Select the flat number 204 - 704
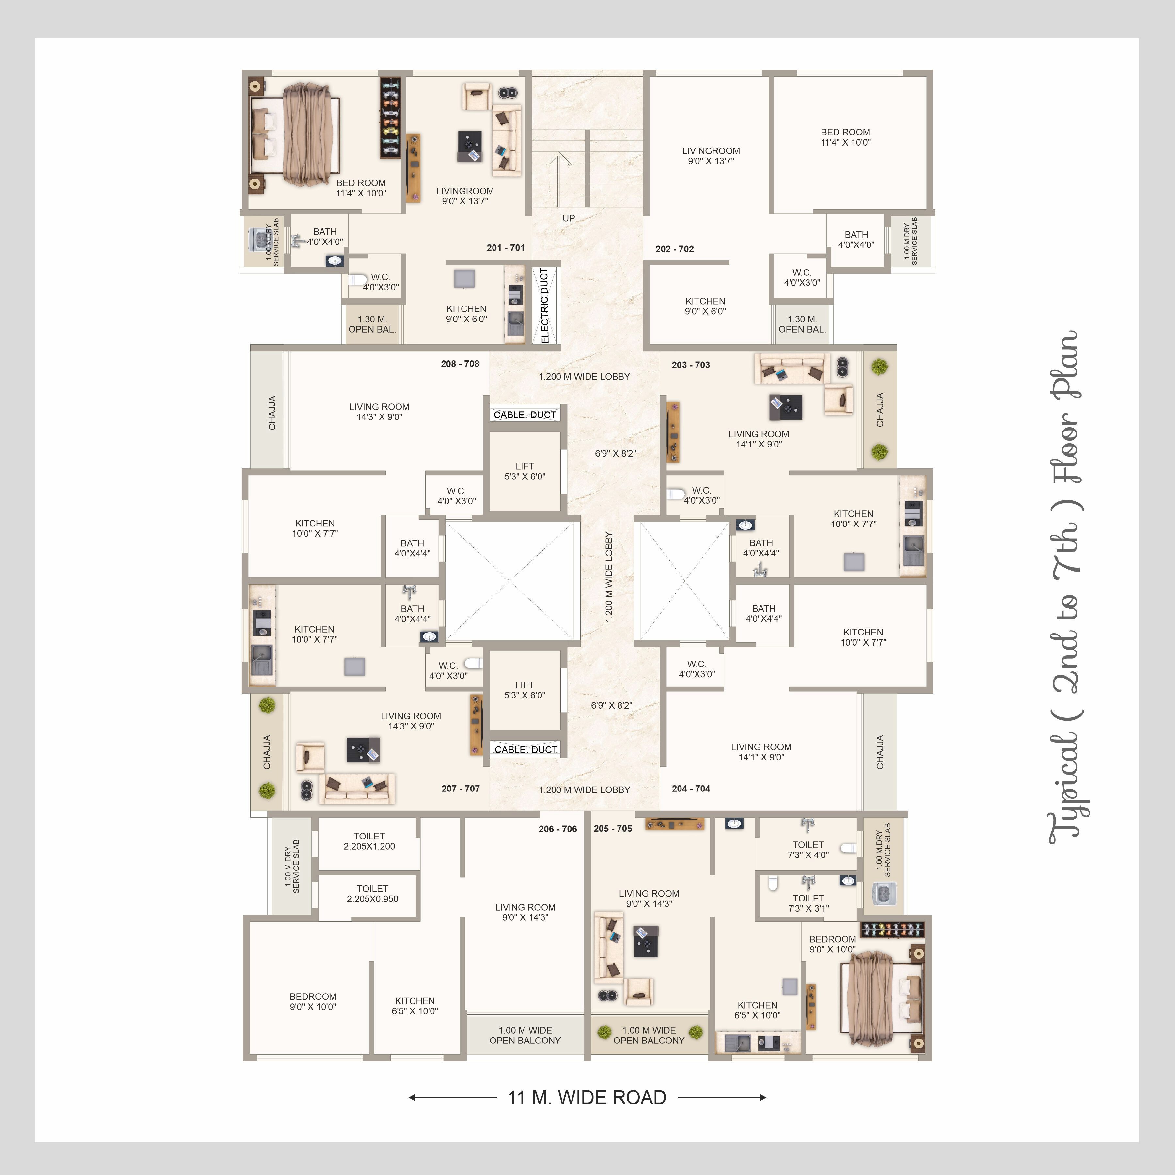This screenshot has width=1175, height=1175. click(691, 788)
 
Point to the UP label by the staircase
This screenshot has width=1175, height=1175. click(569, 218)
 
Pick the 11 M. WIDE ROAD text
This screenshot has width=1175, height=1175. click(587, 1097)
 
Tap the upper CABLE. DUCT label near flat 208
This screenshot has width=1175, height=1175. click(525, 415)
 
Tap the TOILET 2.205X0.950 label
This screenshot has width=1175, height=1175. click(372, 893)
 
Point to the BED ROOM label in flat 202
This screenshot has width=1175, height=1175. click(845, 137)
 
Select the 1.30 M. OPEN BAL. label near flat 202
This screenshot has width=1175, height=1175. click(802, 324)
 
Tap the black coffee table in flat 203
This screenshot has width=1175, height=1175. click(786, 407)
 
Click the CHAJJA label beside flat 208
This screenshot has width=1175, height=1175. click(272, 412)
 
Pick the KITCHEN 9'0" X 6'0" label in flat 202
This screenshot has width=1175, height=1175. click(705, 306)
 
